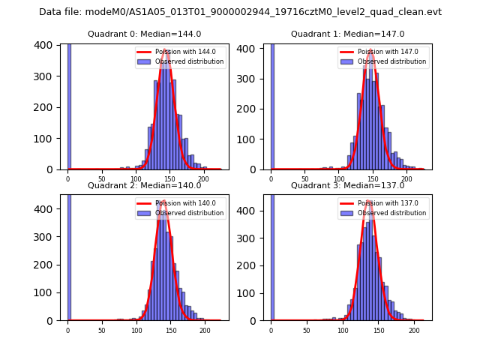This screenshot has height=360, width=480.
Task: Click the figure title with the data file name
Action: [240, 12]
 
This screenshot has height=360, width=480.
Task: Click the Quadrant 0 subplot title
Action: [144, 34]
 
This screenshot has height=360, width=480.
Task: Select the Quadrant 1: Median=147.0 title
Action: [347, 34]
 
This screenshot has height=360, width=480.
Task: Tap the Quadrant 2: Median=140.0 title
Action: [144, 185]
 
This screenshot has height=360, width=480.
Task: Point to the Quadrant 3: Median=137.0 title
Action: [347, 185]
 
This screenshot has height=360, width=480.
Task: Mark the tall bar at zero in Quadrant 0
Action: [69, 105]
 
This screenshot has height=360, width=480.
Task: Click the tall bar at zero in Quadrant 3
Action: [271, 255]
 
